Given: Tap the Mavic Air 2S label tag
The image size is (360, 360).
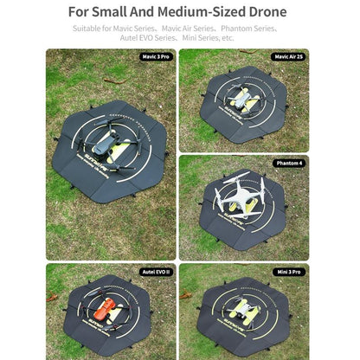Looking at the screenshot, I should click(x=288, y=56).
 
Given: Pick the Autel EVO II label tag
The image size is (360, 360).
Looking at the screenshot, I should click(x=157, y=271).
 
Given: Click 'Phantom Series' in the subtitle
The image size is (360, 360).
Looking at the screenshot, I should click(x=247, y=29).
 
